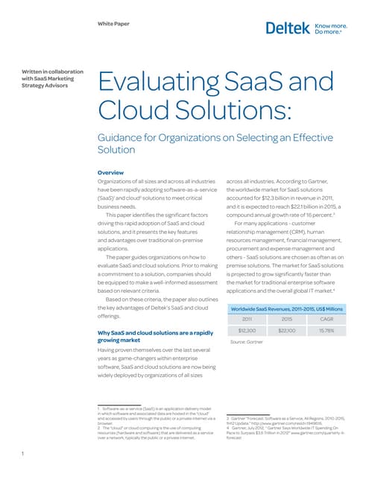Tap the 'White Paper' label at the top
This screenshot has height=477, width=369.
113,24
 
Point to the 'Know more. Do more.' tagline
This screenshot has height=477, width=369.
332,28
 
